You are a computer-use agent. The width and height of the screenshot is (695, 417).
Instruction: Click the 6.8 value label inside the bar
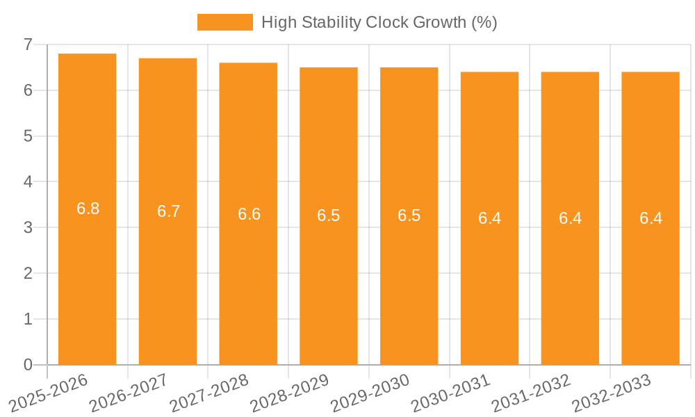point(88,208)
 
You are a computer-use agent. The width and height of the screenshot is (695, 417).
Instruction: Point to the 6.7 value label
point(168,211)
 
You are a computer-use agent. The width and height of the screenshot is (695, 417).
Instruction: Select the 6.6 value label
point(249,214)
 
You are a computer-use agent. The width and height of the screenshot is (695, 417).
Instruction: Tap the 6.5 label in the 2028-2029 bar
point(329,215)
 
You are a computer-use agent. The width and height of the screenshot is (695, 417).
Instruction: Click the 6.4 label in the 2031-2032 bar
point(570,218)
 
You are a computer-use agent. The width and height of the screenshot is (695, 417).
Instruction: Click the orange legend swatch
point(224,22)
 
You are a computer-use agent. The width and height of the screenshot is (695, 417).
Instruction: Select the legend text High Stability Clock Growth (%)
point(379,22)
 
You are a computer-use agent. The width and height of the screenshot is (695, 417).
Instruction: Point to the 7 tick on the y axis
point(28,44)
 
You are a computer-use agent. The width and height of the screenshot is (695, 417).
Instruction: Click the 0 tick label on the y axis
point(28,365)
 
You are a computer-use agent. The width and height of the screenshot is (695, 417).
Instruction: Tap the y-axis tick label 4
point(28,182)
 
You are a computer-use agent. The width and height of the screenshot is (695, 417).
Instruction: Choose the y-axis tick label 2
point(28,273)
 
